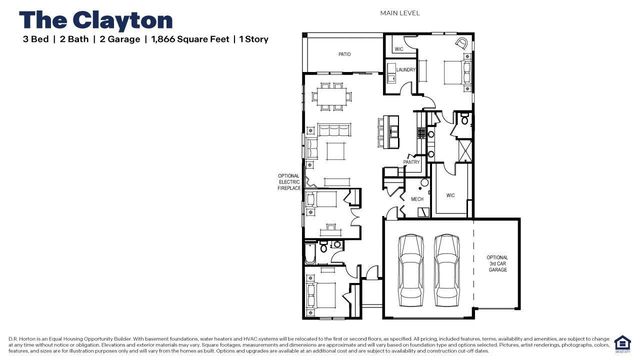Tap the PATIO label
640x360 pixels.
[344, 55]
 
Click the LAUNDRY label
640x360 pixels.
[405, 70]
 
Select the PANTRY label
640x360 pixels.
[411, 160]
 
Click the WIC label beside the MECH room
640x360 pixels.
[450, 195]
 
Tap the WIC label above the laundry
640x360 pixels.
[398, 48]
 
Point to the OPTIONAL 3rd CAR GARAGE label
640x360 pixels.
[497, 263]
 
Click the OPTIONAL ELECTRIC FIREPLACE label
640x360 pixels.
[288, 182]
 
